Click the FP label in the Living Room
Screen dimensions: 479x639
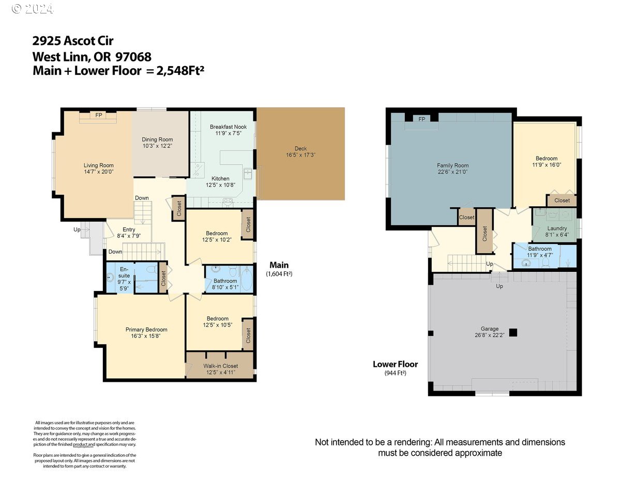[x=99, y=115]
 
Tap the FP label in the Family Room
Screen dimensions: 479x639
[x=421, y=119]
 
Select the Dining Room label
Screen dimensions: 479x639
[x=157, y=140]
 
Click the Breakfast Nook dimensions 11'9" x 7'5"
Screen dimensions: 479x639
[x=228, y=133]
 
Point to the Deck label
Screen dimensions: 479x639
[x=300, y=148]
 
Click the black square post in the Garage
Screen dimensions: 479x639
[x=513, y=333]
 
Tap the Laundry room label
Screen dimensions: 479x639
[x=557, y=228]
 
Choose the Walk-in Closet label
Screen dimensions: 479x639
[x=220, y=366]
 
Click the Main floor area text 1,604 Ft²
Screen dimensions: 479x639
[x=279, y=274]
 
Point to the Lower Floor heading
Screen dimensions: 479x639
[x=395, y=364]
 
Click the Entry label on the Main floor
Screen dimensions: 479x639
[x=129, y=229]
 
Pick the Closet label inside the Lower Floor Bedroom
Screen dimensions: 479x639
[x=562, y=200]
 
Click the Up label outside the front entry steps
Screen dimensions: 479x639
[x=77, y=229]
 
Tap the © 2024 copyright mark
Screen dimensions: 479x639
[x=32, y=9]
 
